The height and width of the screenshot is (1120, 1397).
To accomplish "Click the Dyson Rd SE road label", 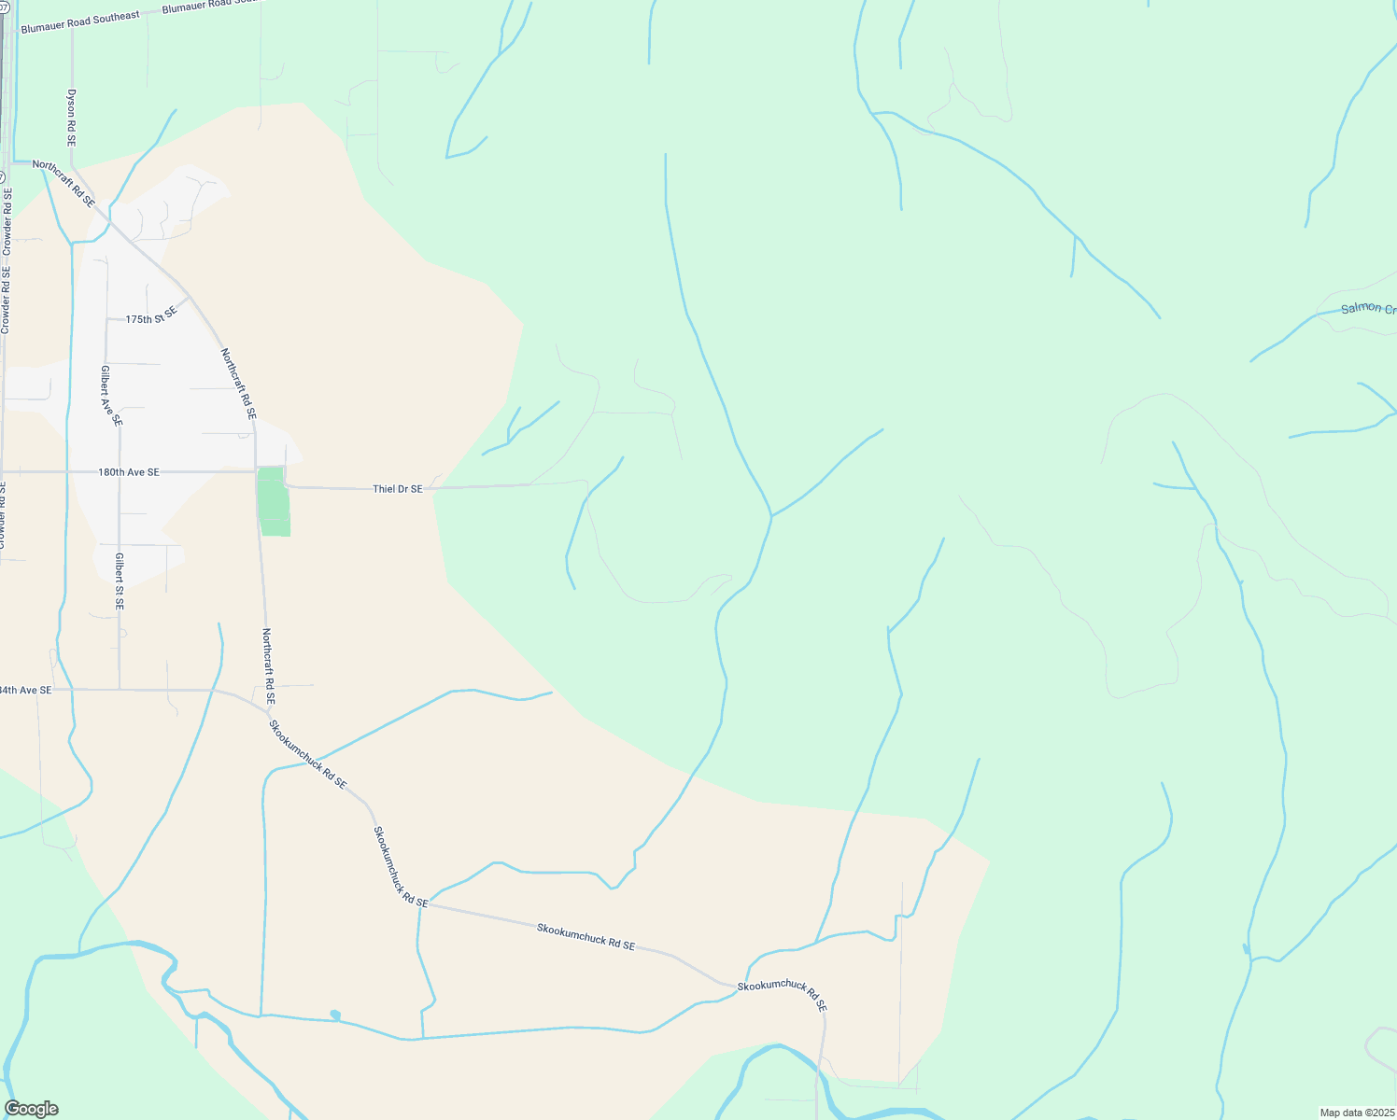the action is tap(71, 118).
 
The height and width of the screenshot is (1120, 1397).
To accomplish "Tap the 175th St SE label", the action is tap(151, 318).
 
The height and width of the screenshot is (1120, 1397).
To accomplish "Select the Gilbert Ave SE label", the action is tap(110, 396).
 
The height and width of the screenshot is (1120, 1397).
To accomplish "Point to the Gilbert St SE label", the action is tap(120, 581).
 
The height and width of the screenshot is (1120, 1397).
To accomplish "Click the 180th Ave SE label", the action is tap(129, 472).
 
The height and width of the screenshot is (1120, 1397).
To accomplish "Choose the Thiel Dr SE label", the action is tap(397, 488).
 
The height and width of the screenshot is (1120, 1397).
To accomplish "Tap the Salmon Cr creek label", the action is tap(1367, 308).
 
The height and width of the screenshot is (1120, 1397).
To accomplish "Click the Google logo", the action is tap(31, 1109).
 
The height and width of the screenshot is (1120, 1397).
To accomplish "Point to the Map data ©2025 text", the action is tap(1356, 1113).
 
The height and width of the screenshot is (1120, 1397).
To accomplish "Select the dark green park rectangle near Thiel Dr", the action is tap(274, 502).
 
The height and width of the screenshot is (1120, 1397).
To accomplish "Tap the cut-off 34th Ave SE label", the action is tap(25, 690).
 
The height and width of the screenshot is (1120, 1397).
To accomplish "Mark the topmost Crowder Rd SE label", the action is tap(7, 221).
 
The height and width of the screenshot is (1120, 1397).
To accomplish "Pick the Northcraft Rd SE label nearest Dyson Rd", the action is tap(63, 183).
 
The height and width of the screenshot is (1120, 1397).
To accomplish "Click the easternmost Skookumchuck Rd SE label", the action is tap(783, 995).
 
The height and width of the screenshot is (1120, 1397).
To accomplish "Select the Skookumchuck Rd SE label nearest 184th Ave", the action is tap(308, 754).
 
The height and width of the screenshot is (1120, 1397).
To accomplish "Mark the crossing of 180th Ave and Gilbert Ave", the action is tap(120, 472).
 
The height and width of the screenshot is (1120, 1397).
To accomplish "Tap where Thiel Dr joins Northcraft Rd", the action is tap(285, 485).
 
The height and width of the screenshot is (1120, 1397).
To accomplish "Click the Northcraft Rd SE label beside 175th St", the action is tap(238, 383).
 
